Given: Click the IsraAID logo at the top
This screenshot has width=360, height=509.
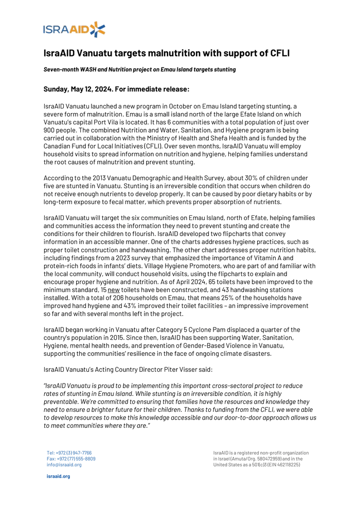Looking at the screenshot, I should coord(75,29).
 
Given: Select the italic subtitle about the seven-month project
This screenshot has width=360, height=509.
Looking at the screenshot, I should coord(139,69).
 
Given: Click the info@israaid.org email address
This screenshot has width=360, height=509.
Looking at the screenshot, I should coord(64,465).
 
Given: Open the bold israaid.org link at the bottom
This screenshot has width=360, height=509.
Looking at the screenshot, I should coord(58,476).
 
